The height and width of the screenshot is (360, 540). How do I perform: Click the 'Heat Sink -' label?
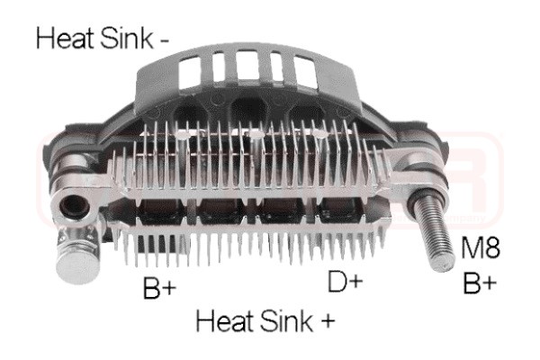tap(103, 39)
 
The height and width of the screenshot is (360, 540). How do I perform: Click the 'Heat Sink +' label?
tap(265, 321)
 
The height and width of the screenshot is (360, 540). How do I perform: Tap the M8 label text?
tap(480, 248)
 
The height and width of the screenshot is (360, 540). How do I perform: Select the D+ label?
tap(346, 281)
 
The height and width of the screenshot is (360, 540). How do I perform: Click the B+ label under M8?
tap(480, 283)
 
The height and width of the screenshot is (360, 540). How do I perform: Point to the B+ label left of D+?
tap(160, 288)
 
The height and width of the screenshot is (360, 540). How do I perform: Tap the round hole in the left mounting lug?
tap(75, 208)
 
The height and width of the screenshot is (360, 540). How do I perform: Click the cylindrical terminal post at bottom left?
tap(76, 256)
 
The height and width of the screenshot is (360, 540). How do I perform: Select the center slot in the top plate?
tap(247, 65)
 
